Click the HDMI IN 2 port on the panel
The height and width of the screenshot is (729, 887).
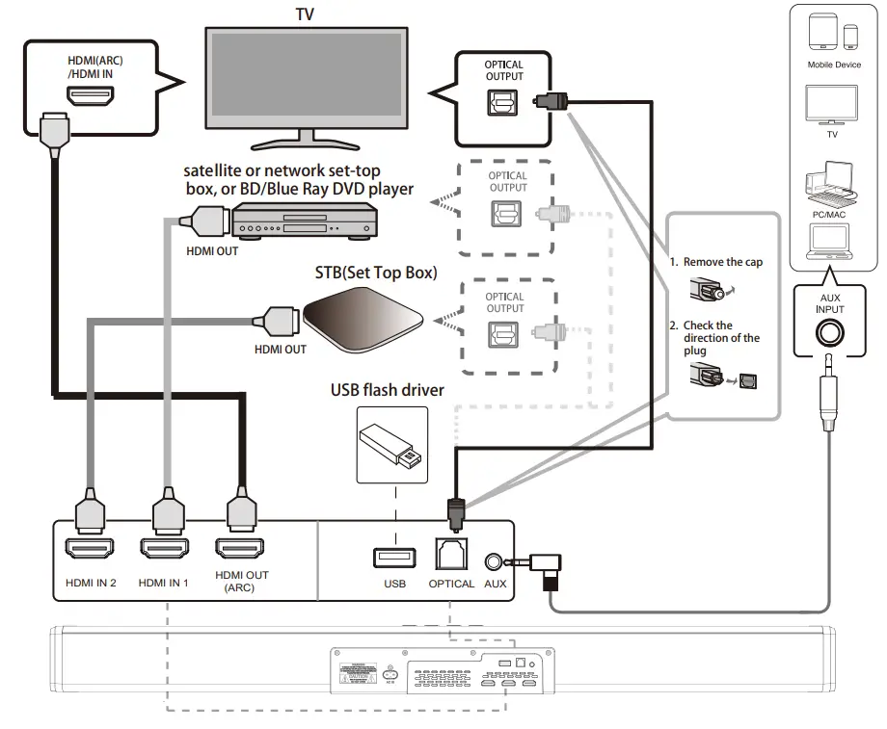point(92,550)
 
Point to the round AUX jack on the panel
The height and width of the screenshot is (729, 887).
point(495,560)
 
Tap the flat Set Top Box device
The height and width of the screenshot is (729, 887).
point(363,322)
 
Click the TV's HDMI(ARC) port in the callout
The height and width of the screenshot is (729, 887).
point(91,97)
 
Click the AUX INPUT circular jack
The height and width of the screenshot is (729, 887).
point(830,334)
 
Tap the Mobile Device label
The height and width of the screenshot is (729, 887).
point(834,65)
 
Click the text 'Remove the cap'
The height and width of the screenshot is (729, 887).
point(723,262)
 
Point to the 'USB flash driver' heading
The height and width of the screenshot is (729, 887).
point(389,390)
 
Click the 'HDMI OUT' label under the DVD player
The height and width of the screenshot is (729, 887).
point(212,252)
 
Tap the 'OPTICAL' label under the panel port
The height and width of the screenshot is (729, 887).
point(452,584)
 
